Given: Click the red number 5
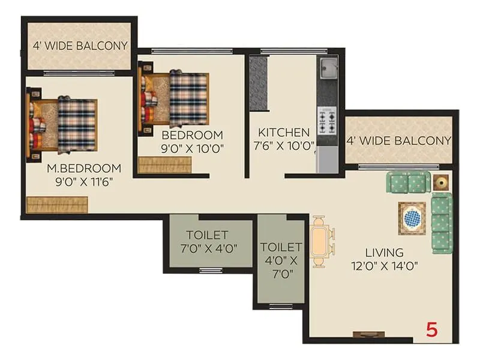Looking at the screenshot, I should pyautogui.click(x=431, y=329).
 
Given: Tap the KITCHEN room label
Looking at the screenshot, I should pyautogui.click(x=284, y=133).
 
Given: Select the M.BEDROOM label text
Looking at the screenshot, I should pyautogui.click(x=84, y=168).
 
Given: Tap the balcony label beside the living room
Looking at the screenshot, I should pyautogui.click(x=398, y=141).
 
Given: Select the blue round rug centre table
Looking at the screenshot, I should pyautogui.click(x=412, y=218).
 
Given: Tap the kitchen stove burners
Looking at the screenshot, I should pyautogui.click(x=328, y=122).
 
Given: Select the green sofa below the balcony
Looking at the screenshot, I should pyautogui.click(x=408, y=181).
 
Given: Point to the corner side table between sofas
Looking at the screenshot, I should pyautogui.click(x=442, y=181).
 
